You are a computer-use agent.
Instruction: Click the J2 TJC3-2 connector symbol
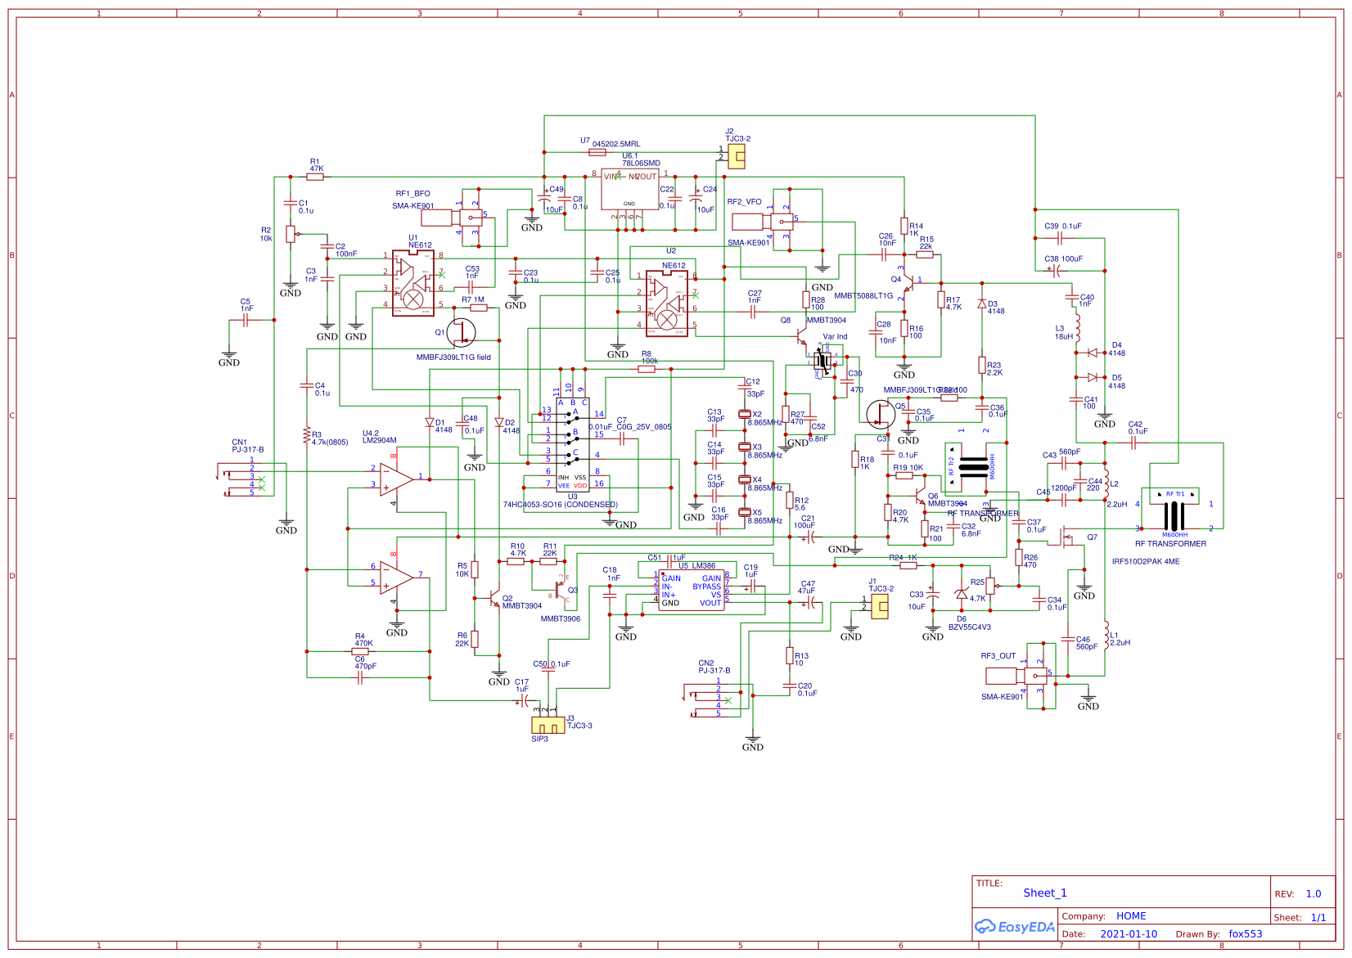(736, 157)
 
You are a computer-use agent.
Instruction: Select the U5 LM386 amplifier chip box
(691, 591)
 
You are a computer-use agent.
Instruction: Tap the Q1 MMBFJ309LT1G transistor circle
(461, 332)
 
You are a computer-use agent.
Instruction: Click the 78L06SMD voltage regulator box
(629, 189)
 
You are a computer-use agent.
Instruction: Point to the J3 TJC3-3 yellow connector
(548, 725)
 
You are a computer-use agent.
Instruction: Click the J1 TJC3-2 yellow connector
(879, 606)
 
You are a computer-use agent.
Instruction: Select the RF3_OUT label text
(998, 656)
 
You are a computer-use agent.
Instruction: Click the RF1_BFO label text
(412, 194)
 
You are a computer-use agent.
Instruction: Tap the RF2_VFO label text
(744, 201)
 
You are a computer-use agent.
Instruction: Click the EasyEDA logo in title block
(1014, 927)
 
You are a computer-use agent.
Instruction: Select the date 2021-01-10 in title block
(1128, 933)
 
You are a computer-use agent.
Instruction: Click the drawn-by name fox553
(1245, 933)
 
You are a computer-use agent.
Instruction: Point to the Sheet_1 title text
(1044, 893)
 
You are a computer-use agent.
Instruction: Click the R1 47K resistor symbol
(315, 177)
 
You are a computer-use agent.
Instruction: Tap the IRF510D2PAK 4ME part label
(1145, 561)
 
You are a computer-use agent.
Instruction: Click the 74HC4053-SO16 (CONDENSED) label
(560, 505)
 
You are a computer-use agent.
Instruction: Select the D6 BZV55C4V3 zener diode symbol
(961, 595)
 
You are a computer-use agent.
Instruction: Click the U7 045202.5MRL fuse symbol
(597, 152)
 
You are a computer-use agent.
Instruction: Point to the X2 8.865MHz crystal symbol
(744, 414)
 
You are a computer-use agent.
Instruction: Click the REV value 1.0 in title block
(1313, 893)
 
